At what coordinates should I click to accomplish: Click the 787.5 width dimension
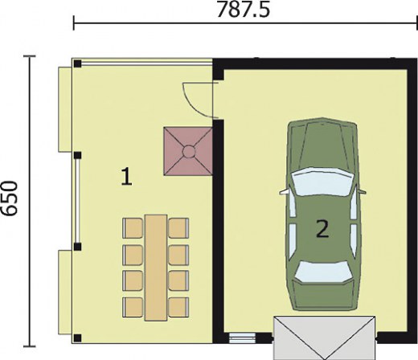[x=243, y=10]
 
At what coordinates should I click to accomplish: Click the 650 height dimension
[x=10, y=198]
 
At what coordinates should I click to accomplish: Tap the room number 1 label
[x=126, y=176]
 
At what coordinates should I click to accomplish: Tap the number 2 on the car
[x=322, y=228]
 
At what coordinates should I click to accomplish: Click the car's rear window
[x=323, y=272]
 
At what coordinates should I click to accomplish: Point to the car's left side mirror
[x=284, y=192]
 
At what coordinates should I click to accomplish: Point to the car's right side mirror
[x=362, y=191]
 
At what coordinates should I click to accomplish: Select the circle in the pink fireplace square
[x=188, y=152]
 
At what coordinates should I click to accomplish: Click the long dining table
[x=156, y=268]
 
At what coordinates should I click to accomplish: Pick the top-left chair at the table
[x=133, y=228]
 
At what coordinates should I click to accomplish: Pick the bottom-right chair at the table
[x=178, y=307]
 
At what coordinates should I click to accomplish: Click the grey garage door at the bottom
[x=324, y=337]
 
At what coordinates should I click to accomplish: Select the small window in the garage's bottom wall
[x=242, y=338]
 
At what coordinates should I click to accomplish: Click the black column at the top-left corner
[x=77, y=63]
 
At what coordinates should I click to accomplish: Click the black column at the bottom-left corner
[x=77, y=337]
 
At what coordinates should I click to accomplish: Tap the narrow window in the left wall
[x=77, y=201]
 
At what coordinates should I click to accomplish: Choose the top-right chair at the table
[x=178, y=228]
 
